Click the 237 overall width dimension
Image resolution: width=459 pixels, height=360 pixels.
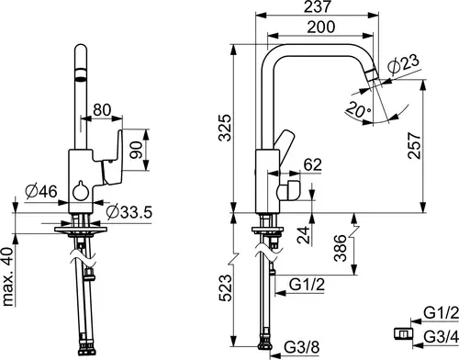pos(318,6)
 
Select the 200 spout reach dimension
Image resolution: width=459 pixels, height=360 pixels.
pos(321,27)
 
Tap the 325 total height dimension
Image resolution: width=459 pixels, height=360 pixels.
pos(225,128)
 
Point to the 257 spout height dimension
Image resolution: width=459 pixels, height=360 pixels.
pos(415,145)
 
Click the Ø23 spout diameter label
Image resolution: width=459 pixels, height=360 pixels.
pos(403,64)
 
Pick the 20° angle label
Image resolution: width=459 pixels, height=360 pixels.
pos(358,109)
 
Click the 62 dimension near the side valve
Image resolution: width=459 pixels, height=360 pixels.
pos(313,164)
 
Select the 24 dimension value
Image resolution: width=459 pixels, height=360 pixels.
pos(305,235)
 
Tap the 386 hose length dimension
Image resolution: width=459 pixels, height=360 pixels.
pos(341,248)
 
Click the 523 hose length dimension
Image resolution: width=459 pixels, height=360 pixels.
pos(225,288)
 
